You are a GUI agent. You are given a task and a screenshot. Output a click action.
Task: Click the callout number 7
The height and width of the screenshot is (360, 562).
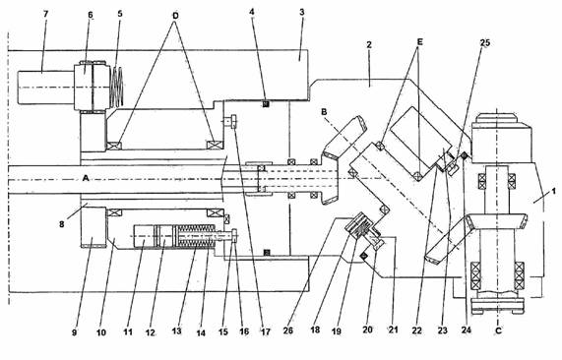45,14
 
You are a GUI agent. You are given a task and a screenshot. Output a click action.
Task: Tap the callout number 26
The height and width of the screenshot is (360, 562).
288,330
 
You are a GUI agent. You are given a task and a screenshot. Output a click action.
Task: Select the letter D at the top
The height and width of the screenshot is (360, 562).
175,16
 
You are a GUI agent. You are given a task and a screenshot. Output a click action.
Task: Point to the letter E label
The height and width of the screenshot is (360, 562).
419,42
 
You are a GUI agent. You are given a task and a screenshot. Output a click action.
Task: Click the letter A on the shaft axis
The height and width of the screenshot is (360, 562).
86,178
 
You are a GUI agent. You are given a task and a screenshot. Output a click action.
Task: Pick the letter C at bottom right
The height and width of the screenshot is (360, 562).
498,330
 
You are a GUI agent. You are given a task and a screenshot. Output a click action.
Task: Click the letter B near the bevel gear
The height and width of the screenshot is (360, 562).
324,112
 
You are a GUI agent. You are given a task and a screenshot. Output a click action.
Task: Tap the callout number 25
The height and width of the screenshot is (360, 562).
485,43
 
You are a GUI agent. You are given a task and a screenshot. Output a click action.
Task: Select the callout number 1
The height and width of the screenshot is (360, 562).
553,192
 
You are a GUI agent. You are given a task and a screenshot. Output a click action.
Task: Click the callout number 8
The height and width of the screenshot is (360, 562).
62,224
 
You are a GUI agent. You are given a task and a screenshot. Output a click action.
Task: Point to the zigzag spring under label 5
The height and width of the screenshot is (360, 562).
117,87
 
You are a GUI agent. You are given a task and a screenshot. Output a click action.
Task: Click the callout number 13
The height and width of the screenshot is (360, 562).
177,331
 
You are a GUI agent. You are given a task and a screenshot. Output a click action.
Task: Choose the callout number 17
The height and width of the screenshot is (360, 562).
265,332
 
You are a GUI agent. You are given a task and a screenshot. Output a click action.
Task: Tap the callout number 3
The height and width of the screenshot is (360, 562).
302,13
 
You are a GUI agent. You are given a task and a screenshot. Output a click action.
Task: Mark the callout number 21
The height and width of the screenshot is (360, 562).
393,330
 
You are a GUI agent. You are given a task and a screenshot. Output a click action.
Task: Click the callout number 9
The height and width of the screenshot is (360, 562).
74,332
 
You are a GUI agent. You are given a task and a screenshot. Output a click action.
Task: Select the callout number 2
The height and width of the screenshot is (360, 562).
369,45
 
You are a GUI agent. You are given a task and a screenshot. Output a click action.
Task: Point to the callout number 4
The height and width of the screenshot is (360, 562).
252,12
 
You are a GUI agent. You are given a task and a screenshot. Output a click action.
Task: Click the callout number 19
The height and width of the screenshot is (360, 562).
337,331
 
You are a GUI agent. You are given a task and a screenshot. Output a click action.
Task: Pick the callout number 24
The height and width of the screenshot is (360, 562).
466,330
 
